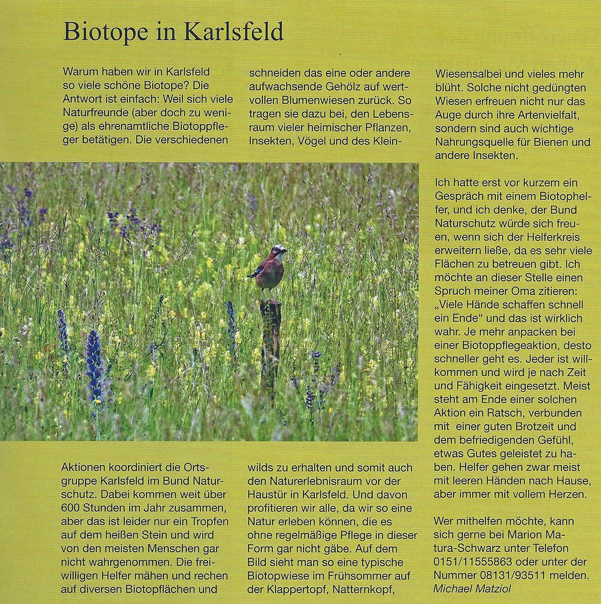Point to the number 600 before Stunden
(x=69, y=509)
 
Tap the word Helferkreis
(x=545, y=236)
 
